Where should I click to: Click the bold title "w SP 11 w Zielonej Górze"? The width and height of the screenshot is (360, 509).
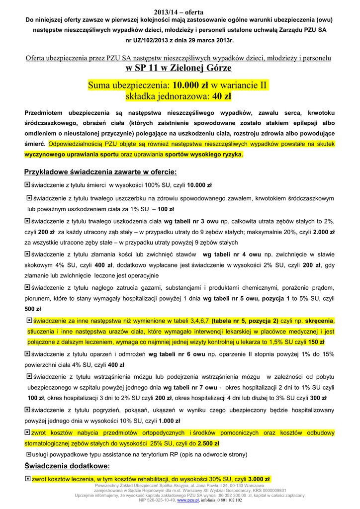(x=179, y=68)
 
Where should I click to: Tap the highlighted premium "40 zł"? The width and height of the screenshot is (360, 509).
(x=221, y=96)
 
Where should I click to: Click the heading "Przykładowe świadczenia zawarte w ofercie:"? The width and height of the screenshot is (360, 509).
(x=100, y=172)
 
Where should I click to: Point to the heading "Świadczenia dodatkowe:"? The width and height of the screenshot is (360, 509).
(x=67, y=466)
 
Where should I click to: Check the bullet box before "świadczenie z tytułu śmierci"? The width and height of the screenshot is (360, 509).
(x=27, y=185)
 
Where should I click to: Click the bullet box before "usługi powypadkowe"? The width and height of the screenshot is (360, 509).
(x=28, y=454)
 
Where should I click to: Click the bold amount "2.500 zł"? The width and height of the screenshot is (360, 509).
(x=208, y=443)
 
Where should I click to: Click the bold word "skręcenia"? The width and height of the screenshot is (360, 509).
(x=317, y=320)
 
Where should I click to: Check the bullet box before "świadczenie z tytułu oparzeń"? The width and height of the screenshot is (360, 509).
(x=27, y=354)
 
